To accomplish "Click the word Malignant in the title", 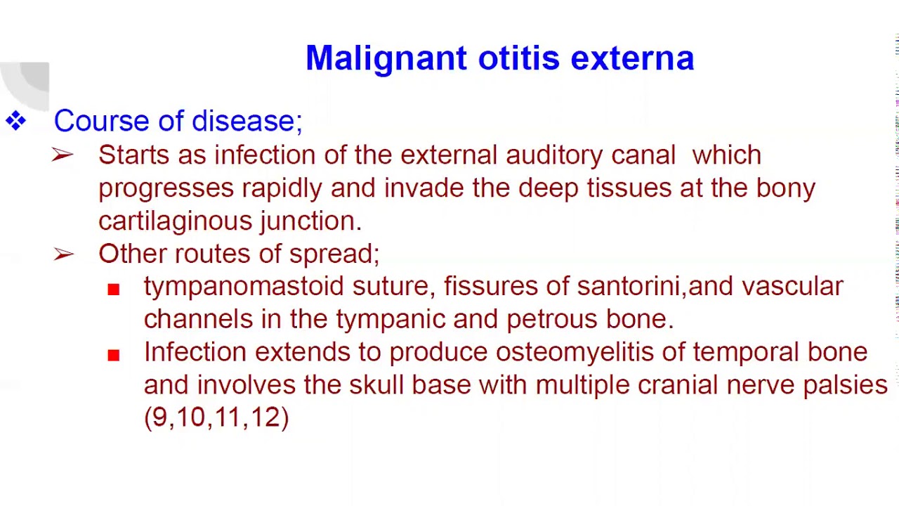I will [x=386, y=58].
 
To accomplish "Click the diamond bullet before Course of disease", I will [x=15, y=121].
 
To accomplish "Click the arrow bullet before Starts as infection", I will [x=63, y=155].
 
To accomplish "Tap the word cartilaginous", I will [x=175, y=221].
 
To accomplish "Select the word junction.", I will [x=310, y=221].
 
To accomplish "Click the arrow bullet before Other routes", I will [x=63, y=254].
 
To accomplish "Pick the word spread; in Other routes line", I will [x=334, y=254].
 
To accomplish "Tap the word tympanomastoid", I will [x=243, y=287].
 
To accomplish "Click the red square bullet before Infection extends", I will [x=114, y=355].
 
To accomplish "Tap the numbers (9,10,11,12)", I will [x=216, y=417].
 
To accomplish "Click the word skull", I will [x=376, y=385].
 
